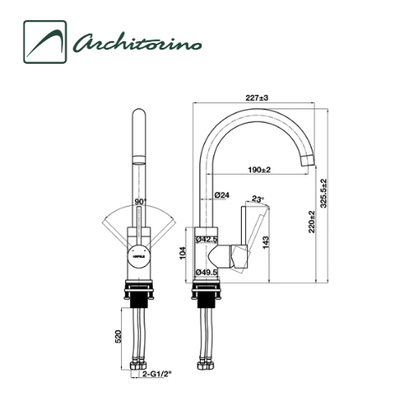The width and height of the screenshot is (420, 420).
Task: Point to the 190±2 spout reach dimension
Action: (258, 171)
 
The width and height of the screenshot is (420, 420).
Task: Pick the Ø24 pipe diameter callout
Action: (223, 195)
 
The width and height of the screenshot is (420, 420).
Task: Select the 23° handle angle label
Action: (257, 200)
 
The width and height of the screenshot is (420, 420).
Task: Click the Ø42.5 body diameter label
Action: (207, 239)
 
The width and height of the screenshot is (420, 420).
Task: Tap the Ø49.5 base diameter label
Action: (207, 271)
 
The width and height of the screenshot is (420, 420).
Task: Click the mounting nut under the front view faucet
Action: (139, 294)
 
